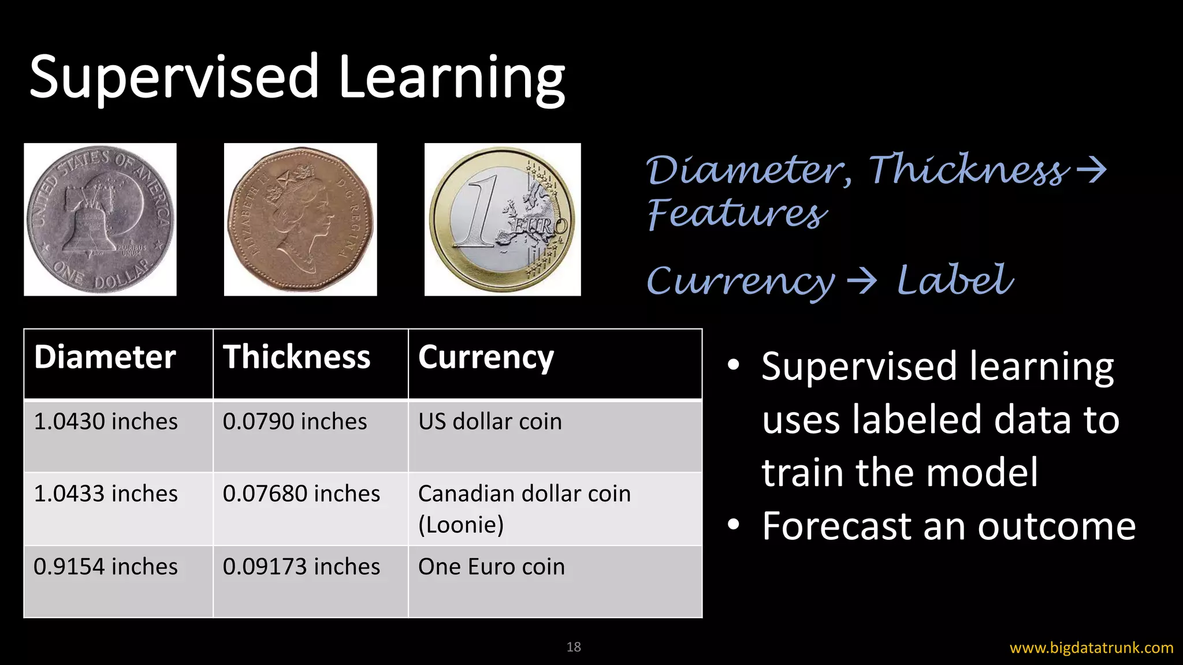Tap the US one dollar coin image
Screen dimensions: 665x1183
[x=100, y=219]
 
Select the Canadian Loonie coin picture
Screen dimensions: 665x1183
[x=300, y=219]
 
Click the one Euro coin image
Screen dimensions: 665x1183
[x=502, y=219]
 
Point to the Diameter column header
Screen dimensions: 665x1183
[x=105, y=357]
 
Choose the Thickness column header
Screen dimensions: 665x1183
[x=296, y=357]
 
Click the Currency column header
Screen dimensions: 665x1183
[x=486, y=357]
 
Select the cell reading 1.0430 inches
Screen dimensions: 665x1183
[x=106, y=422]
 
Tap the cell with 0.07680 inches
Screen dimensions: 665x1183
[x=301, y=494]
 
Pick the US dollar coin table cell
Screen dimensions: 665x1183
[x=490, y=422]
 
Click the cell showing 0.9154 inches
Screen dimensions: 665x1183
[x=106, y=567]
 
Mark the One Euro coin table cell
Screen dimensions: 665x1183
[x=491, y=567]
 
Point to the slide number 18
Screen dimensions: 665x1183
[x=574, y=647]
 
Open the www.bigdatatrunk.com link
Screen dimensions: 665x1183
[x=1091, y=648]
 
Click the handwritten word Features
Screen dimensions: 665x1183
[x=736, y=214]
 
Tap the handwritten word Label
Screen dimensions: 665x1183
[x=954, y=281]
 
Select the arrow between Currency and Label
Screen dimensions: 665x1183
[x=862, y=282]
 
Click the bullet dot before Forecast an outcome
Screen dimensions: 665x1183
[x=734, y=524]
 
